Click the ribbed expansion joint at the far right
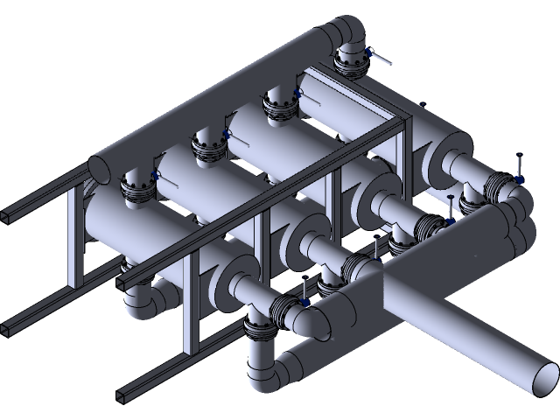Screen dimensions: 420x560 click(x=500, y=185)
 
